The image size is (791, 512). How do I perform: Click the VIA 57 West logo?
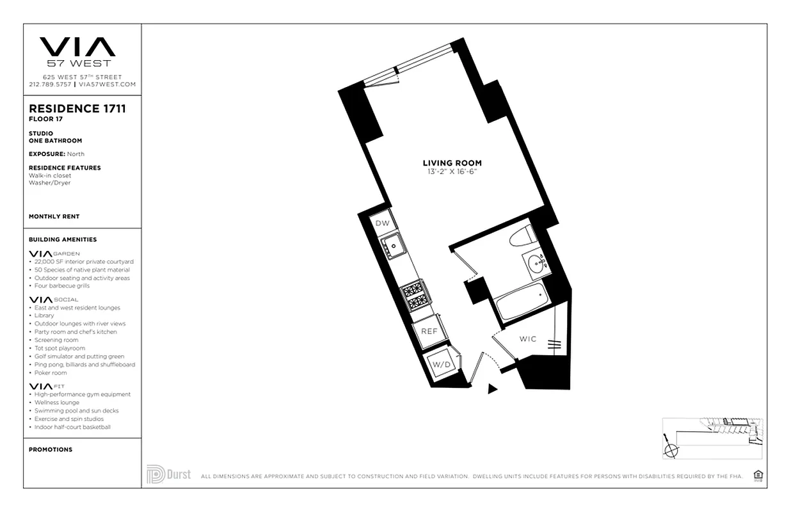click(77, 51)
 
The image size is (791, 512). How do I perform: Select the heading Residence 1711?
click(77, 108)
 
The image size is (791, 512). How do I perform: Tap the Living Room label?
click(452, 163)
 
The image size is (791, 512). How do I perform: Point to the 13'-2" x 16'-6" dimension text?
click(452, 172)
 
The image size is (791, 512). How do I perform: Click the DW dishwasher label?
click(382, 223)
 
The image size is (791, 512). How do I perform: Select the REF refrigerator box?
click(429, 331)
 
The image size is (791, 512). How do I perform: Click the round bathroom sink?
click(536, 263)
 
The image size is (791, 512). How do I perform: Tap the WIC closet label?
click(528, 339)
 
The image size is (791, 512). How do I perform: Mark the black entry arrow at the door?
click(492, 388)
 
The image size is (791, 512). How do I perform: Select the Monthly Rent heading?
click(54, 216)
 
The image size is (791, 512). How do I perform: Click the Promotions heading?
click(51, 449)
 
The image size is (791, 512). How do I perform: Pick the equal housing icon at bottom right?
click(758, 474)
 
